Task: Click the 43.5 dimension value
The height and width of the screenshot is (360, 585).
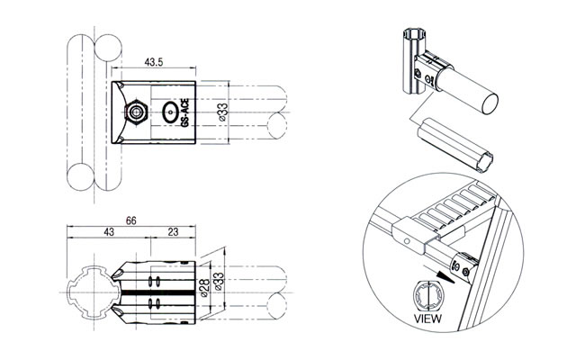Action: click(154, 62)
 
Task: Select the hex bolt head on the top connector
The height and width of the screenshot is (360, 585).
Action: click(137, 112)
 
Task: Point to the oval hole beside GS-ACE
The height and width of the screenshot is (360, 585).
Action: click(170, 113)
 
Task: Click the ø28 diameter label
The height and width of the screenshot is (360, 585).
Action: click(203, 288)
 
